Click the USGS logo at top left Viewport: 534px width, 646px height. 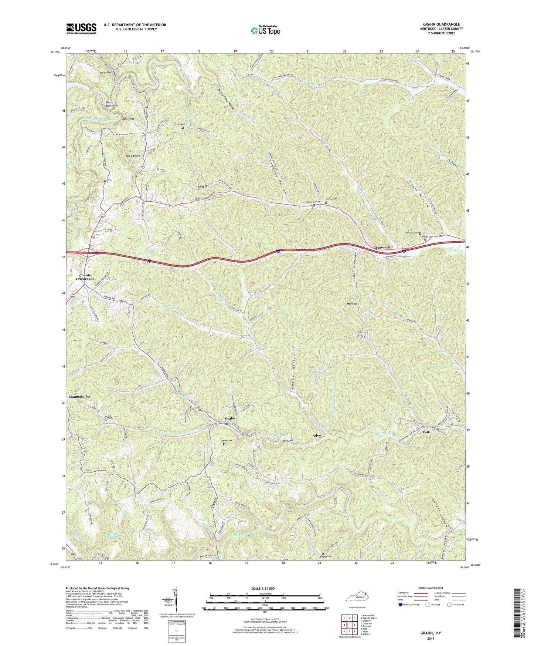pyautogui.click(x=81, y=28)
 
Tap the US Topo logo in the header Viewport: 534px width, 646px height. pyautogui.click(x=265, y=30)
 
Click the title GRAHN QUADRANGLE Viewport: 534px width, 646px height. pyautogui.click(x=442, y=24)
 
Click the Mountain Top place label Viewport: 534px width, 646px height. pyautogui.click(x=80, y=396)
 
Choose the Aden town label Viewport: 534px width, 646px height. pyautogui.click(x=317, y=435)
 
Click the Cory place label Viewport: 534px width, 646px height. pyautogui.click(x=108, y=417)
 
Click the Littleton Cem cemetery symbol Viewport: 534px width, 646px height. pyautogui.click(x=314, y=205)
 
